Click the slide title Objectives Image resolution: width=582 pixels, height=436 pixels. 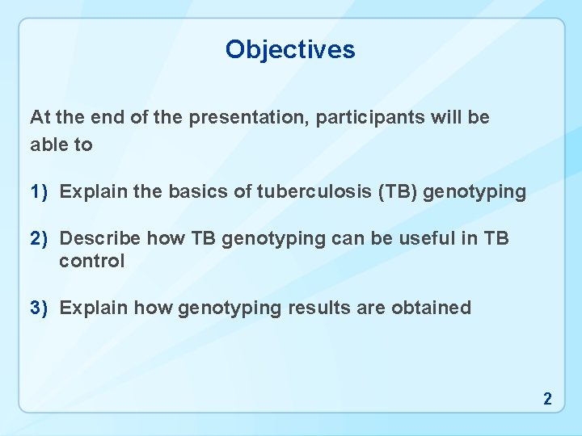[x=290, y=49]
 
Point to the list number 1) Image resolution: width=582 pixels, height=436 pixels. [x=40, y=192]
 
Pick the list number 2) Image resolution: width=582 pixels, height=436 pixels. [x=40, y=238]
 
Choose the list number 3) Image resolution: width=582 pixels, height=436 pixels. [x=40, y=308]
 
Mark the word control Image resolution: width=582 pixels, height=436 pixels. [x=92, y=261]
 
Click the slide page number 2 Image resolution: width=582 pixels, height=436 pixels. [x=547, y=398]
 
